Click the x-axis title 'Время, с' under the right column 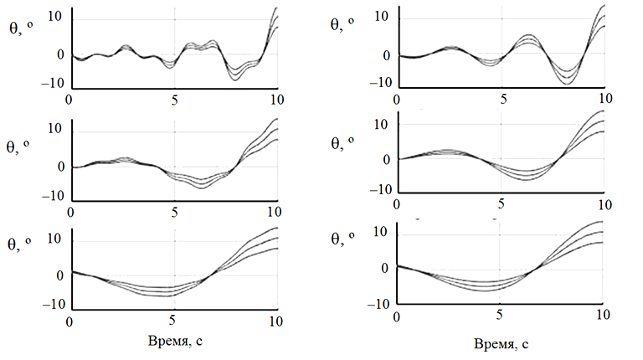coord(501,343)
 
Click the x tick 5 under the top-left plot coord(174,98)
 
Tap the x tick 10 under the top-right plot coord(600,98)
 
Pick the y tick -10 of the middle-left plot coord(54,196)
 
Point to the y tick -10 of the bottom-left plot coord(54,305)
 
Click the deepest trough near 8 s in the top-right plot coord(567,84)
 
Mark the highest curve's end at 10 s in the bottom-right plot coord(601,222)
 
